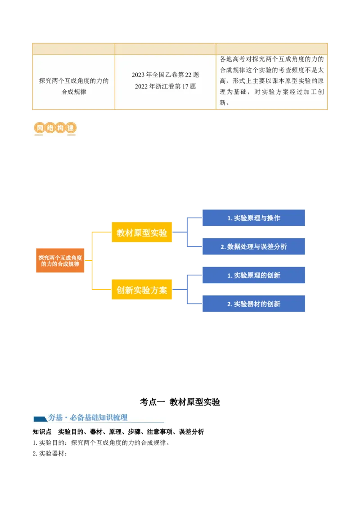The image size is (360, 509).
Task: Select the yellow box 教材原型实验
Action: pyautogui.click(x=142, y=232)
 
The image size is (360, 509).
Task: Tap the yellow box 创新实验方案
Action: pyautogui.click(x=142, y=290)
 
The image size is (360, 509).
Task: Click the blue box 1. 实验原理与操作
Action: pyautogui.click(x=253, y=218)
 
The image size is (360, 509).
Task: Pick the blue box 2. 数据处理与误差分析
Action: pyautogui.click(x=253, y=246)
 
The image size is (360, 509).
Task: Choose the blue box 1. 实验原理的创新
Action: pyautogui.click(x=253, y=275)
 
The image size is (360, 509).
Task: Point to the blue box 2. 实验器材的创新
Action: pyautogui.click(x=253, y=304)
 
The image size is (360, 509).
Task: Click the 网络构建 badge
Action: pyautogui.click(x=54, y=128)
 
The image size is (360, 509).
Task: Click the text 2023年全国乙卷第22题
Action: pyautogui.click(x=165, y=75)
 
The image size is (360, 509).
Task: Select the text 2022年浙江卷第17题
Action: pyautogui.click(x=165, y=86)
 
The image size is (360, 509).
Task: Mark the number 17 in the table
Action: pyautogui.click(x=185, y=86)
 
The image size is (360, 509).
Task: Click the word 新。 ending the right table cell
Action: pyautogui.click(x=225, y=103)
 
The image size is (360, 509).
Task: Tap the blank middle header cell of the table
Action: pyautogui.click(x=165, y=49)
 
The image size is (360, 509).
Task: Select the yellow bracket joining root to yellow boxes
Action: pyautogui.click(x=91, y=261)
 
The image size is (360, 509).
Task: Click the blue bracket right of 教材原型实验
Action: pyautogui.click(x=186, y=232)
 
